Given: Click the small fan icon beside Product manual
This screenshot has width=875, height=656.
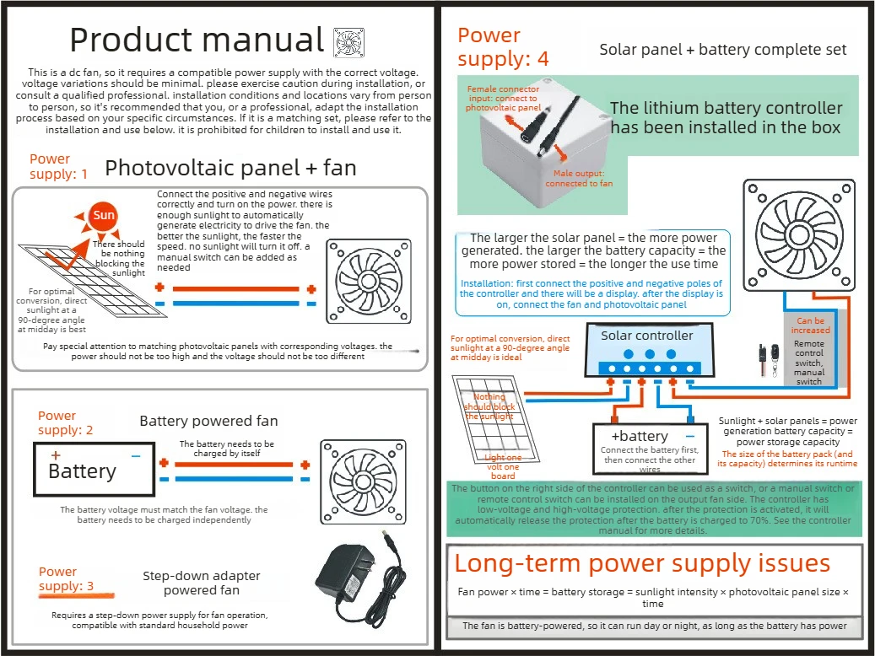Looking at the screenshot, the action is coord(348,42).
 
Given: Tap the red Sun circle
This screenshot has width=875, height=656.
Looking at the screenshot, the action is coord(104,216).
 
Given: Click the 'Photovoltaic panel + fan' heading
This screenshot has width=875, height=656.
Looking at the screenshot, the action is coord(230,168).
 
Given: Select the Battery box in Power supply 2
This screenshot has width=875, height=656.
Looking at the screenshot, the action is coord(94,469).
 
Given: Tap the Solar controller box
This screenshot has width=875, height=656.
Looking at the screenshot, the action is coord(649,350).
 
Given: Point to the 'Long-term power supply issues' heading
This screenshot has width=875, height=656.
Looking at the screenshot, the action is coord(642,563).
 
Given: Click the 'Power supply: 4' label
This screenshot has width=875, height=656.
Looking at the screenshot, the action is coord(503,47).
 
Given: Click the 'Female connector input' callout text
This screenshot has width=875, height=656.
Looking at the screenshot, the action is coord(504,98).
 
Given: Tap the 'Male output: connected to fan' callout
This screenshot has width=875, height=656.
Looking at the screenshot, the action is coord(579,179).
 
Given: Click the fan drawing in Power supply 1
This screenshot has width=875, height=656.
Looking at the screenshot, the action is coord(368,281).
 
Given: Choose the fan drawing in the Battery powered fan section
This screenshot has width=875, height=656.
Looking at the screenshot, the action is coord(363,482).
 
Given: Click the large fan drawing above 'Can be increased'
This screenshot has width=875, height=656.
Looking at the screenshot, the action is coord(799,235).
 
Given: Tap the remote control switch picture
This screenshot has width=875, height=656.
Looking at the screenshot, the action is coord(769,360).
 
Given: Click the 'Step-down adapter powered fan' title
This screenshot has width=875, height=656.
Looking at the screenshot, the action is coord(202,583).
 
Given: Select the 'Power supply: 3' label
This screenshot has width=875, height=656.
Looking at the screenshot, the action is coord(66,579).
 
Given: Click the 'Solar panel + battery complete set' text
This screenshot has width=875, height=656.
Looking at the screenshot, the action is coord(722,50).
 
